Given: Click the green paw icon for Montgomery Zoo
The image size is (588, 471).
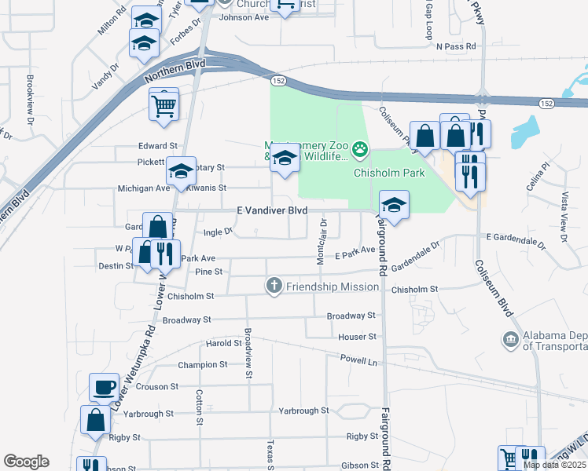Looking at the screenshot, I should [360, 148].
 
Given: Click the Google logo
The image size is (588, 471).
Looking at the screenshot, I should [26, 462].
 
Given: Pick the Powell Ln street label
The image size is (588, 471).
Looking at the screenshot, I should [359, 360].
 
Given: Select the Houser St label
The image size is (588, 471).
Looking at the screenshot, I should [358, 337].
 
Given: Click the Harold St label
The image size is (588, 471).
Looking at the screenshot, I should [224, 343].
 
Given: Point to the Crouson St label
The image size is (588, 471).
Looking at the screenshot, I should [154, 386].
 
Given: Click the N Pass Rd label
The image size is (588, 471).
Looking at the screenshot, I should [457, 46].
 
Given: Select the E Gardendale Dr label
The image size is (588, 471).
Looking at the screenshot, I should [516, 236].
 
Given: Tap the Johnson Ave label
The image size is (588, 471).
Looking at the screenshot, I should [244, 17].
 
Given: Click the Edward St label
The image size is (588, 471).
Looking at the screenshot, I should [158, 146].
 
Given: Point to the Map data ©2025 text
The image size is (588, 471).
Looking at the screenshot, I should [554, 465].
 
